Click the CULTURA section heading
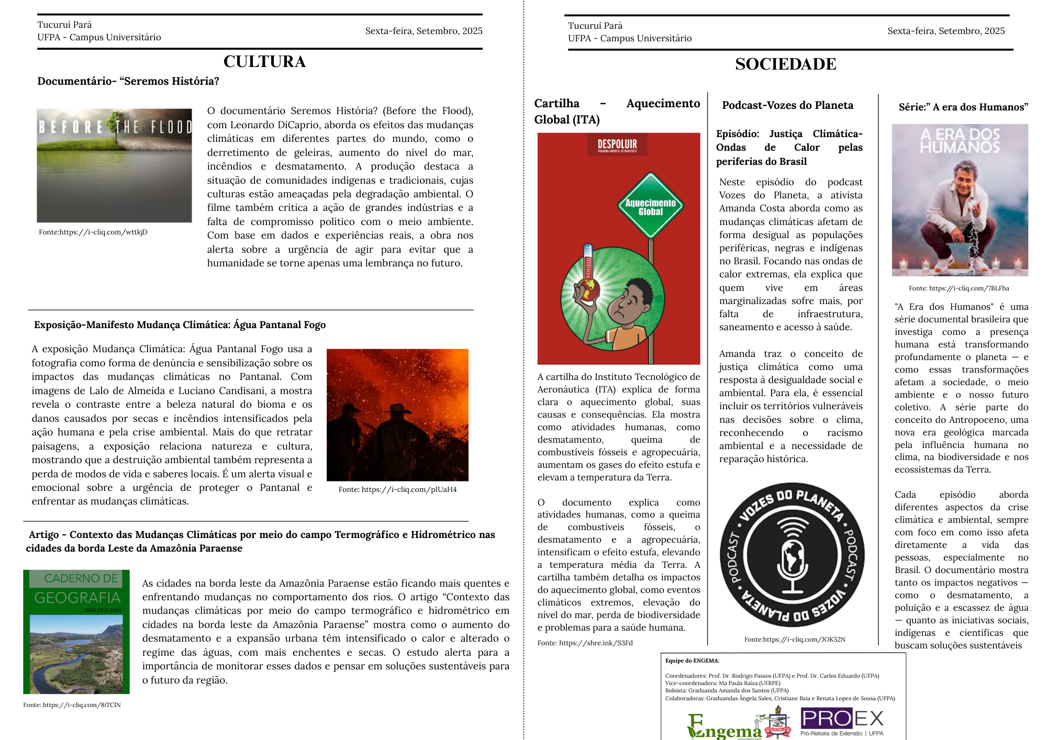point(264,62)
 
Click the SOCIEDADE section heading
point(785,64)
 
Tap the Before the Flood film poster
point(114,165)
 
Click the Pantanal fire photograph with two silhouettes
point(397,414)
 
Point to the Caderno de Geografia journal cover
point(76,632)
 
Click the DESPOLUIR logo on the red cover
point(617,144)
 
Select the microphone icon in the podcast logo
point(793,560)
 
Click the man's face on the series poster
point(964,181)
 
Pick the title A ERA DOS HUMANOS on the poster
point(960,140)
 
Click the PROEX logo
point(842,720)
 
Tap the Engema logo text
point(725,729)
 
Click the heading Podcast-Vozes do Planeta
point(787,105)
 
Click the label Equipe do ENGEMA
point(692,660)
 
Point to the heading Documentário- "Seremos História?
point(128,81)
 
